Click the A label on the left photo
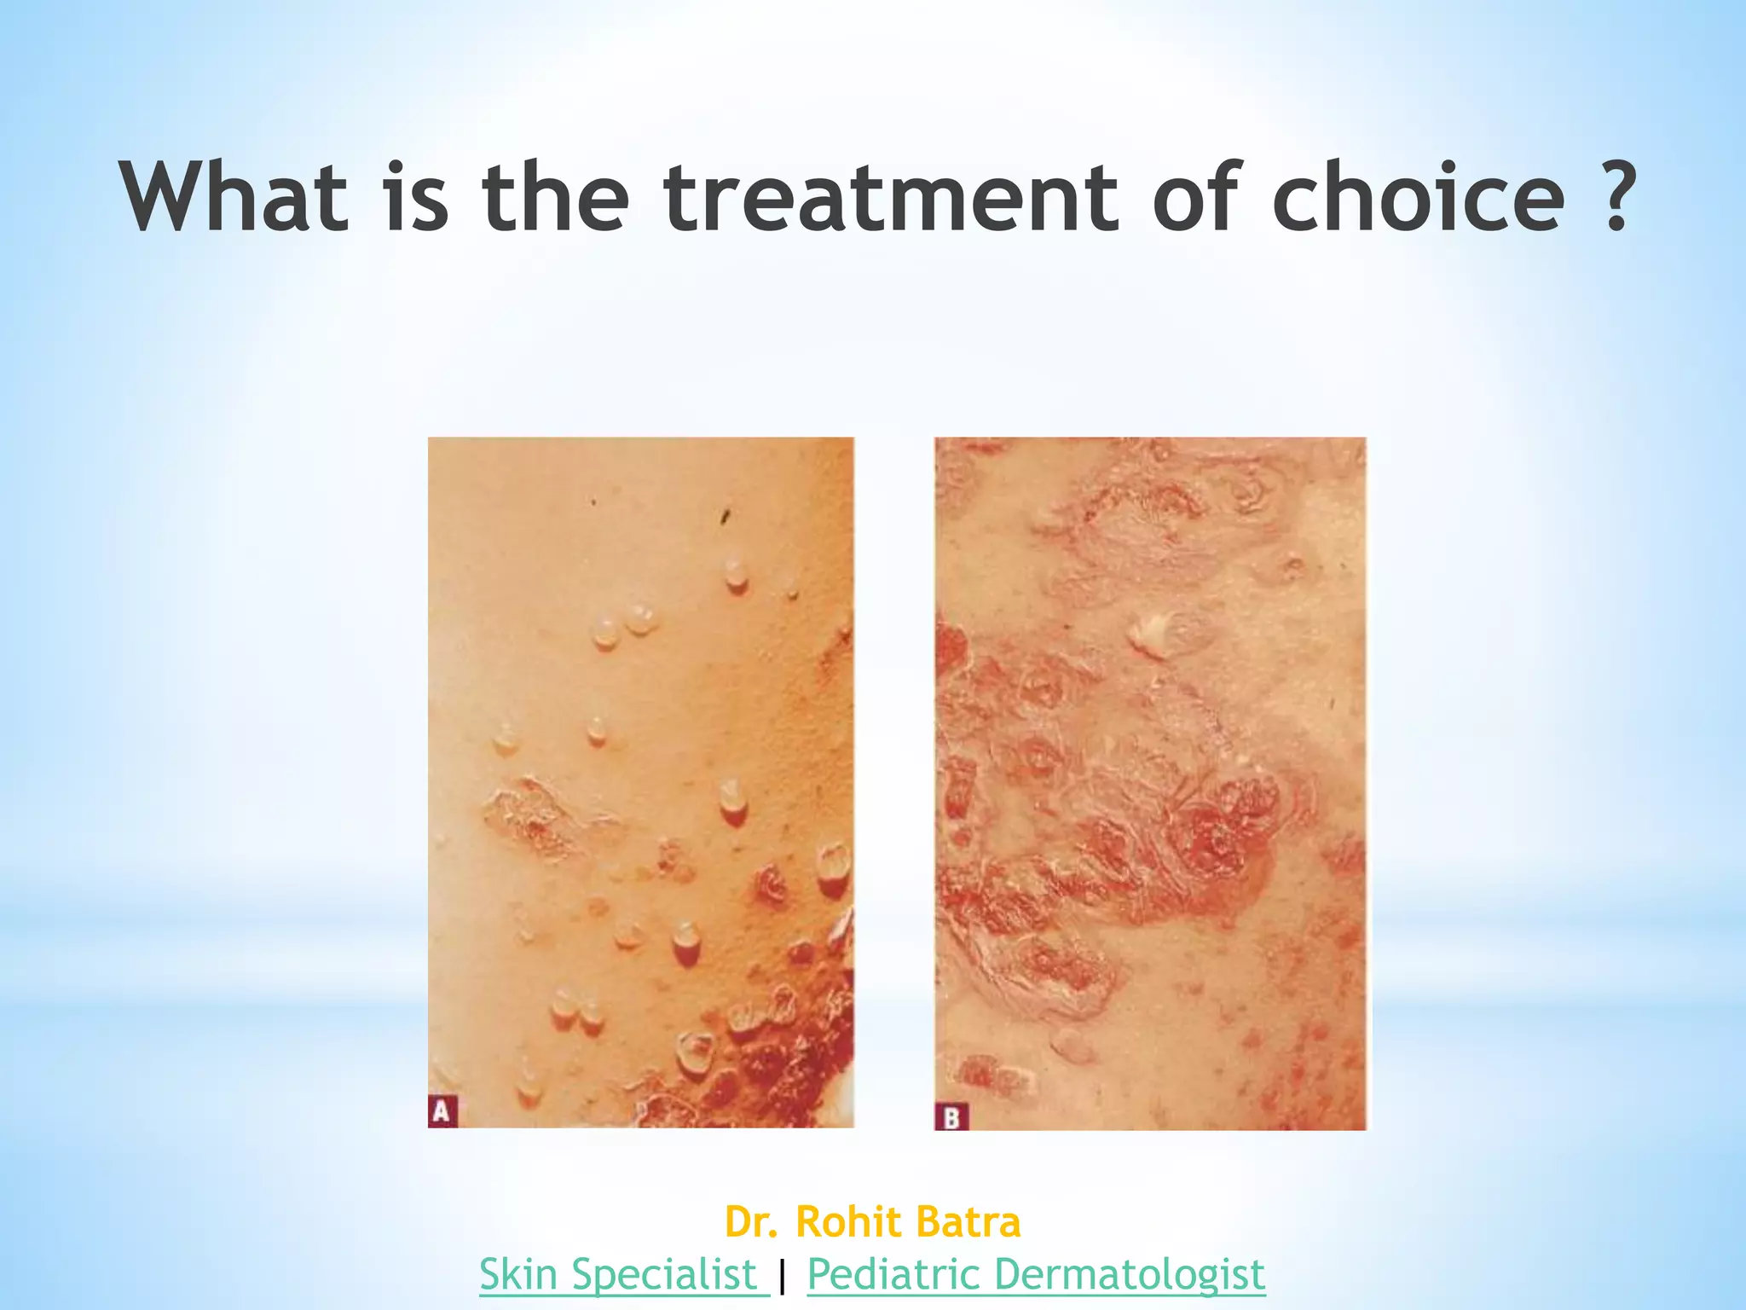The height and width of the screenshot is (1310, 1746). pos(442,1111)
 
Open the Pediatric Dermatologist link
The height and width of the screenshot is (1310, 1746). pos(1036,1274)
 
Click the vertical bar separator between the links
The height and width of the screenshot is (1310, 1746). pos(783,1276)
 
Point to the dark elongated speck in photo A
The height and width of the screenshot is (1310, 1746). pos(726,515)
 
